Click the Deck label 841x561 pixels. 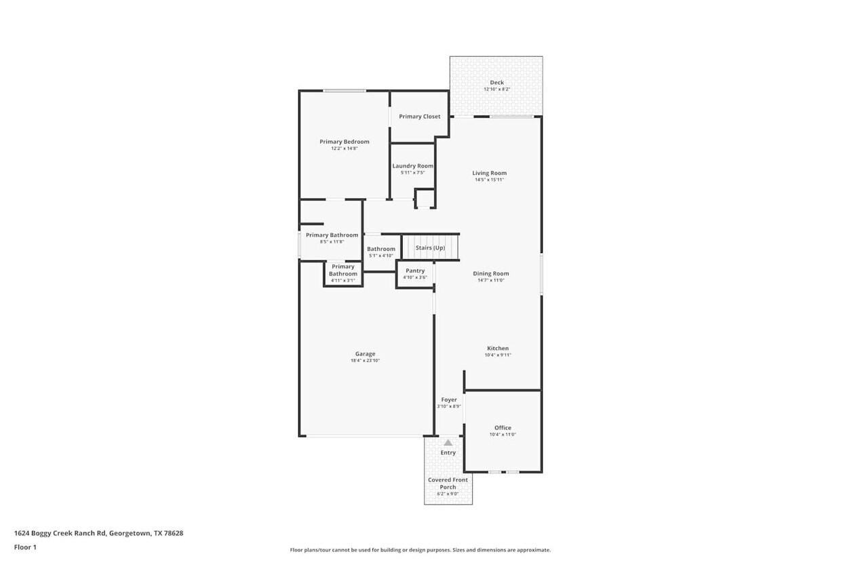[496, 83]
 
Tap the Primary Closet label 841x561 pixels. [419, 117]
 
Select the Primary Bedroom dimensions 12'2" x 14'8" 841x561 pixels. [345, 149]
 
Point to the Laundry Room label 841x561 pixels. [412, 166]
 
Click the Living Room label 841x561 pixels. [489, 173]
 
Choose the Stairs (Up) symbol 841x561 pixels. [430, 248]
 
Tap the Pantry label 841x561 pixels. [414, 271]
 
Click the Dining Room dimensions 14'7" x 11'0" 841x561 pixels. [490, 280]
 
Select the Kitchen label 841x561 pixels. [497, 349]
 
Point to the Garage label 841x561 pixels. [365, 354]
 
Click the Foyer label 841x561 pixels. [449, 400]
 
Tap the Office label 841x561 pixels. [503, 428]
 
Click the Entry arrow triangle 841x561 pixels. [448, 443]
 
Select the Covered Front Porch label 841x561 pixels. [448, 484]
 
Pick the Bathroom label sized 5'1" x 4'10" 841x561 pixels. [381, 249]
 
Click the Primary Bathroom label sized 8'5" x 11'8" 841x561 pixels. [332, 235]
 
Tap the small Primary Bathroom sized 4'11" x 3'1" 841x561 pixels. [343, 271]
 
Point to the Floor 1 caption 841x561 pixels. [25, 547]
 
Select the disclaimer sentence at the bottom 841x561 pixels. [420, 550]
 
